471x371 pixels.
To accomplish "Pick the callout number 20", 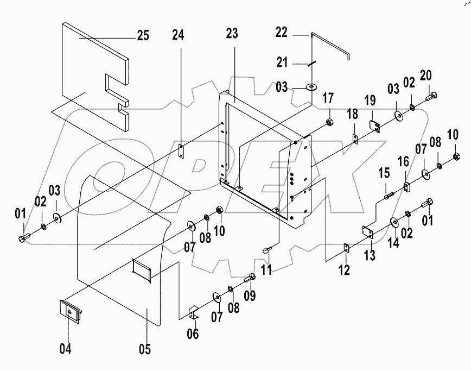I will [x=426, y=74].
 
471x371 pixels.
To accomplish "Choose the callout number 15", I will [x=384, y=173].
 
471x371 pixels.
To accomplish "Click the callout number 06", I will [x=193, y=332].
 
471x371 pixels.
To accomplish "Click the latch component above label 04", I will [x=70, y=312].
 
